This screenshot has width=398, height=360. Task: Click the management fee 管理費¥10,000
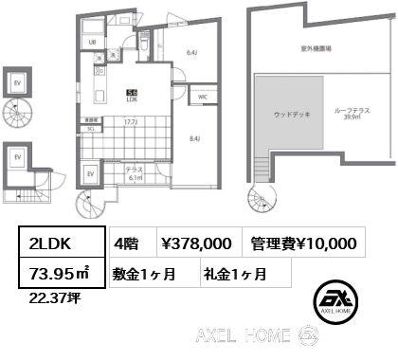(302, 243)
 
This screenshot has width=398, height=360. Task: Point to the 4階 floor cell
(129, 243)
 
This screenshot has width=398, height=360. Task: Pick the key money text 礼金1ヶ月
(233, 275)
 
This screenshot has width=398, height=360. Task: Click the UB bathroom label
(93, 43)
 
